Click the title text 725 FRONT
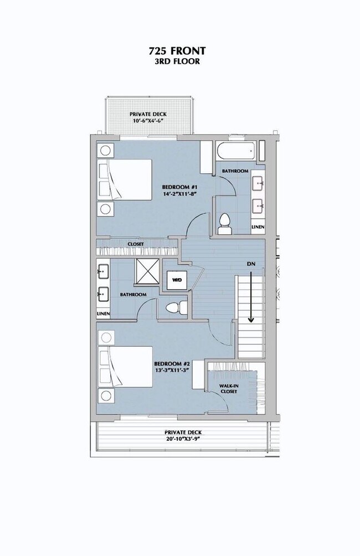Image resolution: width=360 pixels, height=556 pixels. click(x=177, y=51)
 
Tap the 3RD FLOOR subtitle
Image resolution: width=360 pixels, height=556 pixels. click(x=177, y=61)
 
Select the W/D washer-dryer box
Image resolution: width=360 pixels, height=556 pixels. click(x=177, y=280)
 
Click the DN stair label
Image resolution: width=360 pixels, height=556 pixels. click(x=251, y=264)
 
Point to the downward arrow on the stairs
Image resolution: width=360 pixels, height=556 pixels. click(x=251, y=297)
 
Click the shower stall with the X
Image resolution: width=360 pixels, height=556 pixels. click(x=147, y=271)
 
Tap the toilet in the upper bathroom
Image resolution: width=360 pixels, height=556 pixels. click(x=224, y=225)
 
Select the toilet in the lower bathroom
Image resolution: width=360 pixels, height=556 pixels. click(x=176, y=307)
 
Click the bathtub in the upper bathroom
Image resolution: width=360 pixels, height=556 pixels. click(x=236, y=151)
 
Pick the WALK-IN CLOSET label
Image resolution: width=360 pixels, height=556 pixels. click(x=228, y=389)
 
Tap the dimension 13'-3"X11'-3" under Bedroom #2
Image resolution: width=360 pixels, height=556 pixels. click(x=172, y=370)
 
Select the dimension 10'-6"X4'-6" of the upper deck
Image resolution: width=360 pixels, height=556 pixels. click(x=148, y=121)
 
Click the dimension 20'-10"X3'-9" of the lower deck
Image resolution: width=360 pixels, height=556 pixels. click(x=183, y=439)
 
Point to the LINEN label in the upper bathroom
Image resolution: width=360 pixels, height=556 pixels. click(x=258, y=227)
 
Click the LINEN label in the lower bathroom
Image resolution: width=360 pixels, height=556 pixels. click(x=103, y=314)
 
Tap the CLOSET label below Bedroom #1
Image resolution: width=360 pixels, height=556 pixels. click(x=136, y=244)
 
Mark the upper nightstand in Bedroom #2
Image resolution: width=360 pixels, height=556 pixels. click(x=106, y=338)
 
